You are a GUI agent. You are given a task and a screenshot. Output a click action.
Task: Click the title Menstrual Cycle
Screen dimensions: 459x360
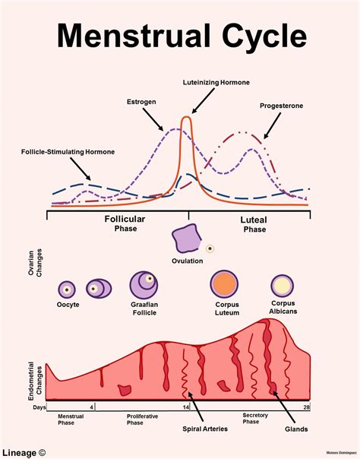click(183, 36)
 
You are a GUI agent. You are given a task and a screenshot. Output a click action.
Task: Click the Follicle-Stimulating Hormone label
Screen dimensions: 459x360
click(68, 151)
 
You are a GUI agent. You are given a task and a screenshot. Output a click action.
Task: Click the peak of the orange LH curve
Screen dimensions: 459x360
click(187, 117)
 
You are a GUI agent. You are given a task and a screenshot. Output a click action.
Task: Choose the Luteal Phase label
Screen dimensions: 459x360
click(254, 223)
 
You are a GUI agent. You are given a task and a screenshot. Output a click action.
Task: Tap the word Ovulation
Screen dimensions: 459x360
click(187, 261)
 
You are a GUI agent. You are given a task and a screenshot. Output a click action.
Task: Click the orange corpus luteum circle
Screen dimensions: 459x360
click(226, 284)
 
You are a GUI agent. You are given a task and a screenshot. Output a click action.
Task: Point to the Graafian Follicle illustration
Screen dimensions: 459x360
click(144, 285)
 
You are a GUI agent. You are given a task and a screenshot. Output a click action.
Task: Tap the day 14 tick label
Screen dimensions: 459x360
click(186, 407)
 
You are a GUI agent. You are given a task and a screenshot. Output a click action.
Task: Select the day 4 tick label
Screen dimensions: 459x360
click(92, 407)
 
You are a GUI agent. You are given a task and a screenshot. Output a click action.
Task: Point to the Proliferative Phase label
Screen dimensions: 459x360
click(144, 420)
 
